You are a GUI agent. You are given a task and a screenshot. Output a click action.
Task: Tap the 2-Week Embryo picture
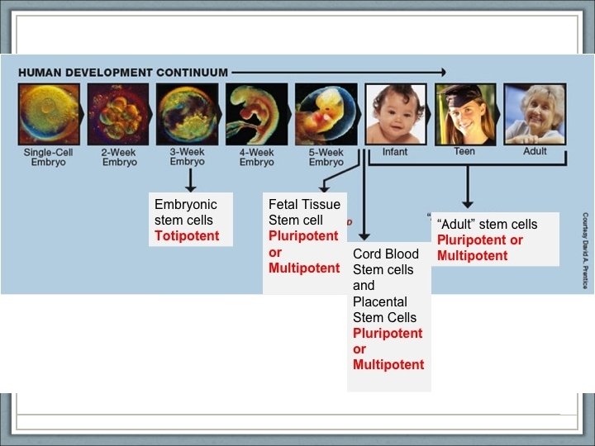coord(119,114)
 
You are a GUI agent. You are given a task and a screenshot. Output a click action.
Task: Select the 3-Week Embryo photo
coord(188,114)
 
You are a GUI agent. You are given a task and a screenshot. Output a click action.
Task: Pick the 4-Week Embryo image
coord(257,114)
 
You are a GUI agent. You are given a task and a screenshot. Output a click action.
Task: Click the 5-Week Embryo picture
coord(326,114)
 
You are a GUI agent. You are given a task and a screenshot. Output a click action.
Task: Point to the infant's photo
coord(395,114)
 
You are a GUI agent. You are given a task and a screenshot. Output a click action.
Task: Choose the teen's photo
coord(464,114)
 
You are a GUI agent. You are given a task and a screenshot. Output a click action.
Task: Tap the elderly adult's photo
coord(535,114)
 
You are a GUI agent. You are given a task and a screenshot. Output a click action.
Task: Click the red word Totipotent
coord(187,236)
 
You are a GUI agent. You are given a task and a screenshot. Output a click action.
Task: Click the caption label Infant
coord(395,152)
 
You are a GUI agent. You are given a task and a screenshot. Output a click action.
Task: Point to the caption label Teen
coord(464,152)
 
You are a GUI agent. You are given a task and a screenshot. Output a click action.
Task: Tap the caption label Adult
coord(535,152)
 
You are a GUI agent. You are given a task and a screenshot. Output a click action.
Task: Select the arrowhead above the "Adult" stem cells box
coord(468,203)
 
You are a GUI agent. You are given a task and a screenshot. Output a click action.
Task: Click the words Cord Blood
coord(386,254)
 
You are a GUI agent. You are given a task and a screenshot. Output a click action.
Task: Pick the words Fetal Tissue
coord(304,204)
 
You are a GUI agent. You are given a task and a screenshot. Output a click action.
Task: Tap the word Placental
coord(380,301)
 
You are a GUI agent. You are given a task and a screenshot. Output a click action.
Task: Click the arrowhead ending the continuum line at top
coord(443,73)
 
